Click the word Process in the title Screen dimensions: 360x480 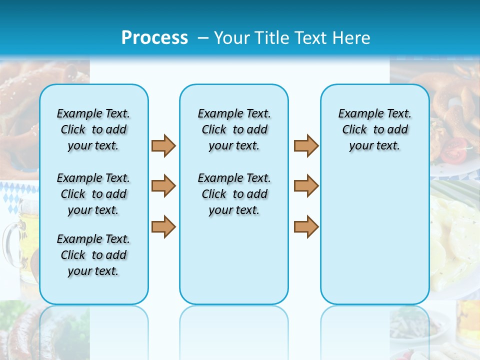click(154, 38)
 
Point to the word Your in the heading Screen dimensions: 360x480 click(232, 38)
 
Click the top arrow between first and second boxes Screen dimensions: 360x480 click(163, 145)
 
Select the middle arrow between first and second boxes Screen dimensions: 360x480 click(163, 186)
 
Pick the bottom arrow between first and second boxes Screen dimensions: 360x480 click(163, 226)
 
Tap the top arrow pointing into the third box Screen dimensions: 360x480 click(306, 145)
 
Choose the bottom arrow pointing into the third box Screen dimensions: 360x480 click(306, 226)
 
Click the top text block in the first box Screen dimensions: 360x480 click(93, 129)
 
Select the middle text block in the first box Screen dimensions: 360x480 click(93, 194)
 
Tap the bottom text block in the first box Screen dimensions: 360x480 click(93, 255)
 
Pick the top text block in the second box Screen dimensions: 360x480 click(234, 129)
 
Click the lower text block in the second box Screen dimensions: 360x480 click(234, 194)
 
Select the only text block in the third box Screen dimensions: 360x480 click(374, 129)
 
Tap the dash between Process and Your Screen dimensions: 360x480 click(202, 38)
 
